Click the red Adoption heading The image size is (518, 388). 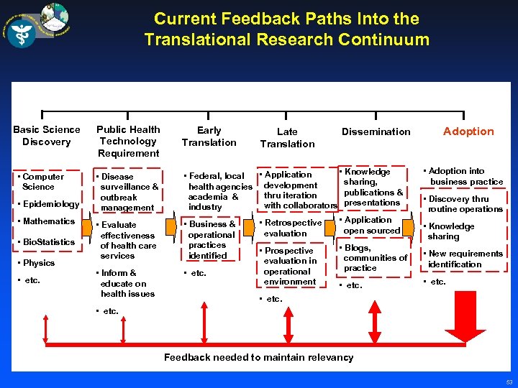pyautogui.click(x=468, y=131)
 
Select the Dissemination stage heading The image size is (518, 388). pyautogui.click(x=376, y=131)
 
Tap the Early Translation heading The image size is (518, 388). pyautogui.click(x=209, y=136)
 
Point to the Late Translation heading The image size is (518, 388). pyautogui.click(x=287, y=137)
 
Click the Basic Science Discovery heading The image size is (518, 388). pyautogui.click(x=47, y=135)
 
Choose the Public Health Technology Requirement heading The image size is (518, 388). pyautogui.click(x=128, y=141)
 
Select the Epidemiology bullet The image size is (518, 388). pyautogui.click(x=50, y=204)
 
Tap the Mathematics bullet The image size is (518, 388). pyautogui.click(x=47, y=221)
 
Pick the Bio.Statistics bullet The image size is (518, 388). pyautogui.click(x=47, y=242)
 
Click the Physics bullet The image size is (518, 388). pyautogui.click(x=37, y=262)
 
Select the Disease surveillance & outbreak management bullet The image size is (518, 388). pyautogui.click(x=128, y=192)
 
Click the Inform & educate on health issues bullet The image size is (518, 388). pyautogui.click(x=126, y=283)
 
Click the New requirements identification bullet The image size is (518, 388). pyautogui.click(x=464, y=259)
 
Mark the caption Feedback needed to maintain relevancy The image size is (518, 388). pyautogui.click(x=258, y=357)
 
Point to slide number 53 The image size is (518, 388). pyautogui.click(x=509, y=382)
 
